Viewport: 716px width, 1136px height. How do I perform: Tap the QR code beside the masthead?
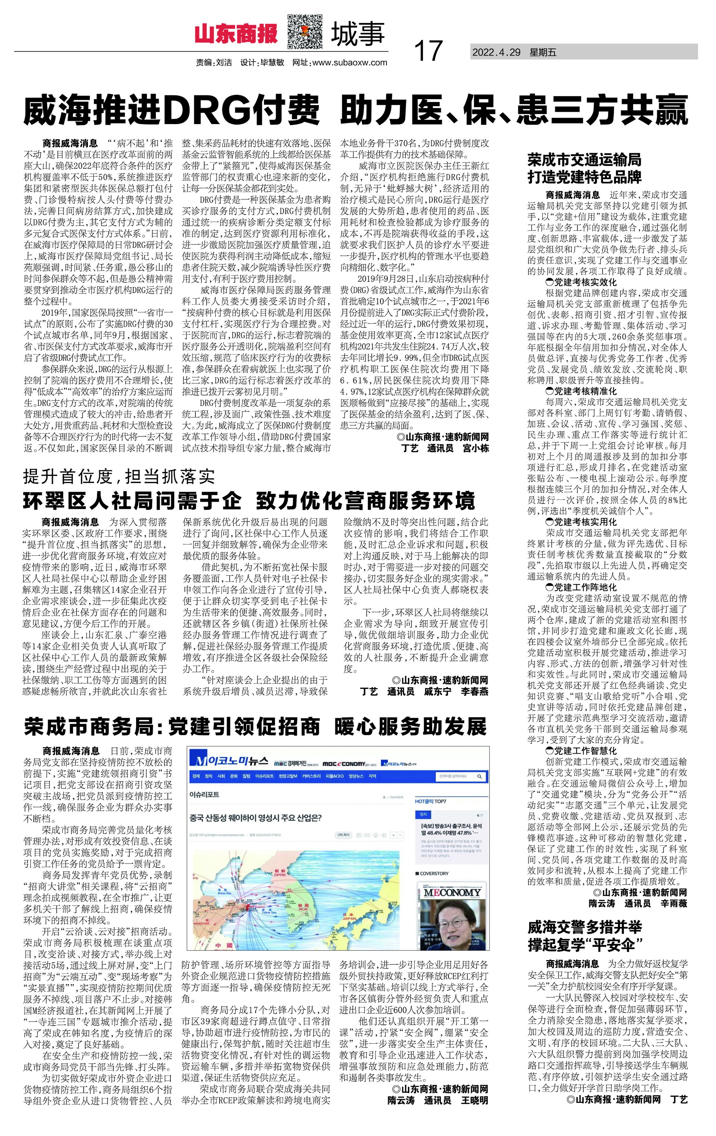click(x=305, y=32)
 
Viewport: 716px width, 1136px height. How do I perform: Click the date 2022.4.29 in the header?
click(x=496, y=53)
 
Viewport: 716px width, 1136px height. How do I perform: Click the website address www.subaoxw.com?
click(x=350, y=63)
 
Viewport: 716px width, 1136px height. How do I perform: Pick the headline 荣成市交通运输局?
click(x=584, y=160)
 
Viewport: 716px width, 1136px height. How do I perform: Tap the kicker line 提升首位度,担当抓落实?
click(x=119, y=477)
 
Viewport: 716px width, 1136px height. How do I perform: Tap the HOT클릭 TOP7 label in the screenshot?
click(x=430, y=802)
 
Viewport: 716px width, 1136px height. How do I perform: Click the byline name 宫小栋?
click(x=475, y=448)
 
